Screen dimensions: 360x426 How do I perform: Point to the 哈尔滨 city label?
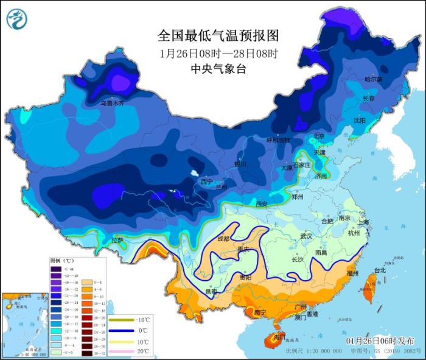coord(373,79)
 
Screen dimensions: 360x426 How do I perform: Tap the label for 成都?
coord(223,239)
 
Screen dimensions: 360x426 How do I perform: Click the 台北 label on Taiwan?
coord(379,270)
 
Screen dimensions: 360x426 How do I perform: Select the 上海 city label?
coord(363,223)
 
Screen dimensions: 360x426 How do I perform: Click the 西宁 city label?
coord(207,182)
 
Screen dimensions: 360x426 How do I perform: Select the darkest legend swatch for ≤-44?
coord(55,268)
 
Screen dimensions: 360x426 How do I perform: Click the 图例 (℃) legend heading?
coord(61,260)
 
